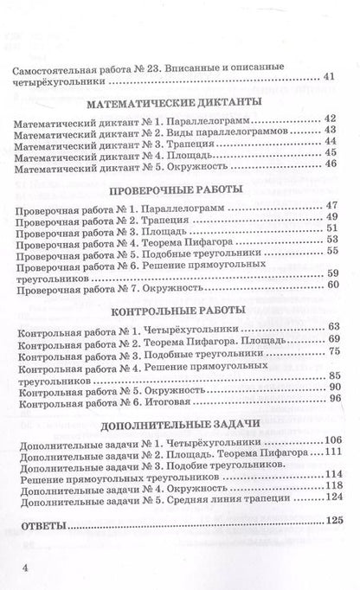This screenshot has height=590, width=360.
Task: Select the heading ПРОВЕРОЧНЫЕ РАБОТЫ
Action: pos(181,191)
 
